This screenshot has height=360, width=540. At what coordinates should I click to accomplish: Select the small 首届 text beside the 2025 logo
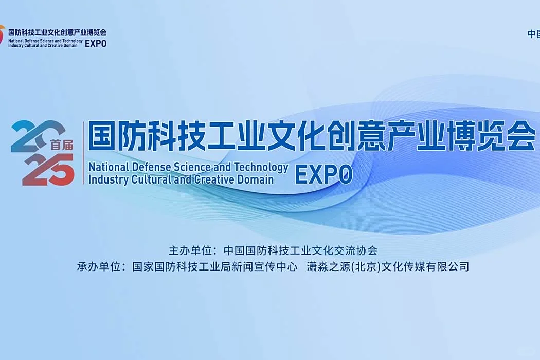(x=62, y=145)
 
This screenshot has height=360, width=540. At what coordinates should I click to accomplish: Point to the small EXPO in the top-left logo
(x=96, y=44)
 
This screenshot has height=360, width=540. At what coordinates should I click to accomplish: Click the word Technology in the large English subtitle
(x=261, y=168)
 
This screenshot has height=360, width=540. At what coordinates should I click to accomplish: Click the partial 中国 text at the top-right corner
(x=533, y=34)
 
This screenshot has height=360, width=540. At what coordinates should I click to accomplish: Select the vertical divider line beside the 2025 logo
(x=83, y=153)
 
